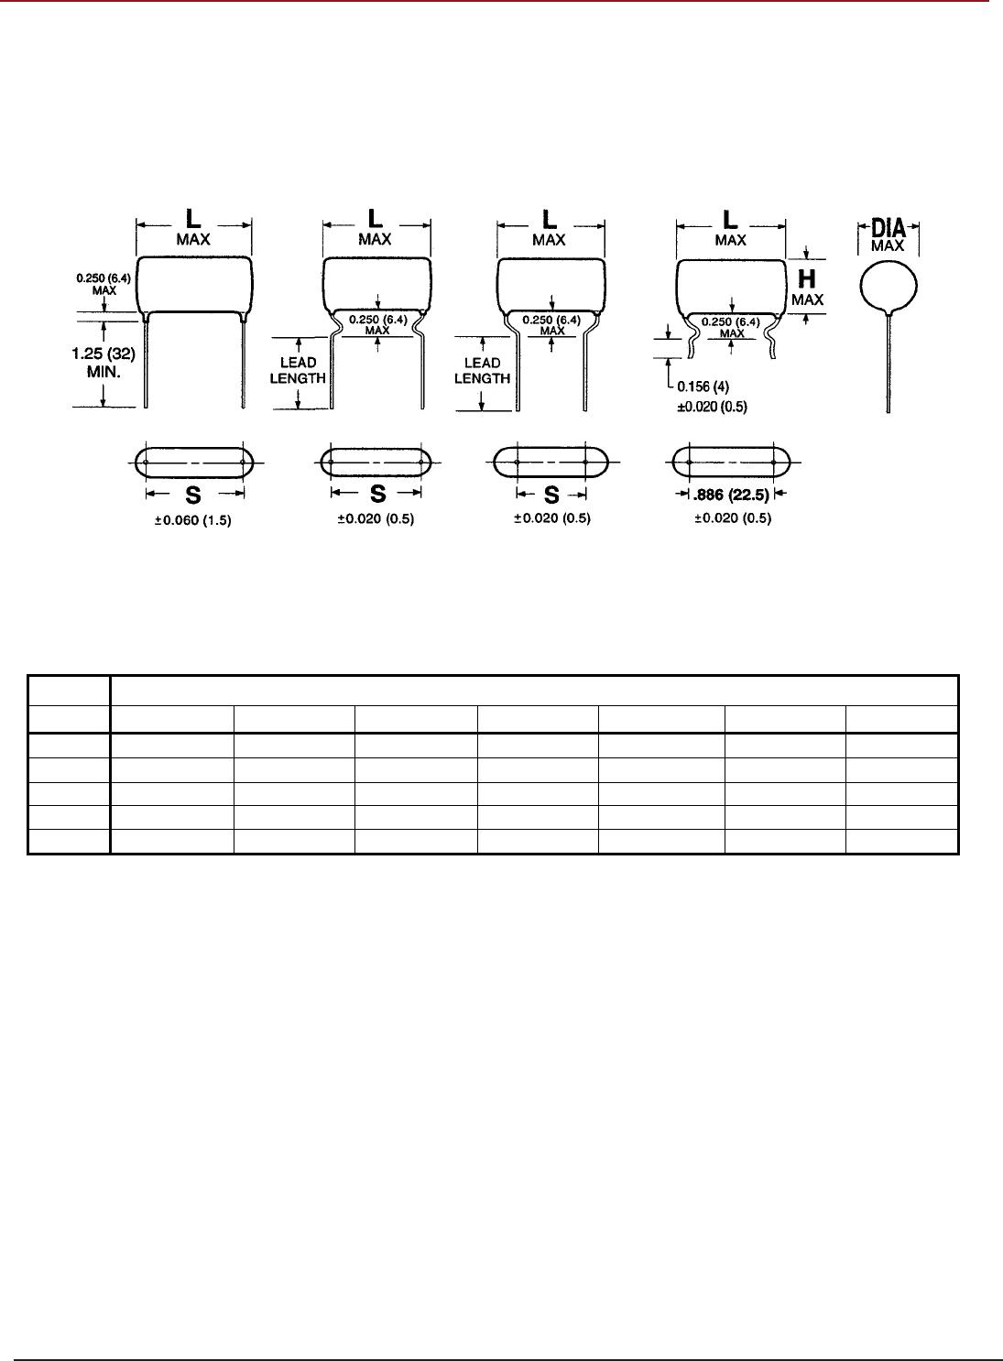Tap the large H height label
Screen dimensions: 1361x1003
[x=808, y=280]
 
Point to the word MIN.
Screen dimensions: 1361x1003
[x=105, y=374]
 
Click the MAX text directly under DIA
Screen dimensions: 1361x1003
[x=889, y=245]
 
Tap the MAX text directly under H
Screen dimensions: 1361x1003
[x=808, y=299]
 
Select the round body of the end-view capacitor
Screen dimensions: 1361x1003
[x=889, y=286]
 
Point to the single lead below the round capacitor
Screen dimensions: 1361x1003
[x=889, y=366]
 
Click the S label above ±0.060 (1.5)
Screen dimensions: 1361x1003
[x=193, y=495]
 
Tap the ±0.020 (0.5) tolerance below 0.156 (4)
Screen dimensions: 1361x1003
[x=712, y=407]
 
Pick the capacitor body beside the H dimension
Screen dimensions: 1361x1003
[x=731, y=284]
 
